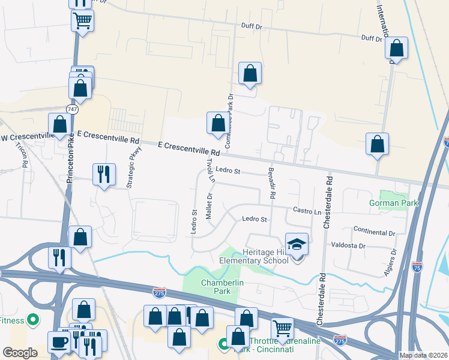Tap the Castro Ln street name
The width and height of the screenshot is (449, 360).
307,211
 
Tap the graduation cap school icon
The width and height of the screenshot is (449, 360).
297,244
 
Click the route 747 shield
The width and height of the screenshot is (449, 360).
72,110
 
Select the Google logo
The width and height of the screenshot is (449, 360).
20,353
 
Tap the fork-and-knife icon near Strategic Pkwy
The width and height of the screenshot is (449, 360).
104,174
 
